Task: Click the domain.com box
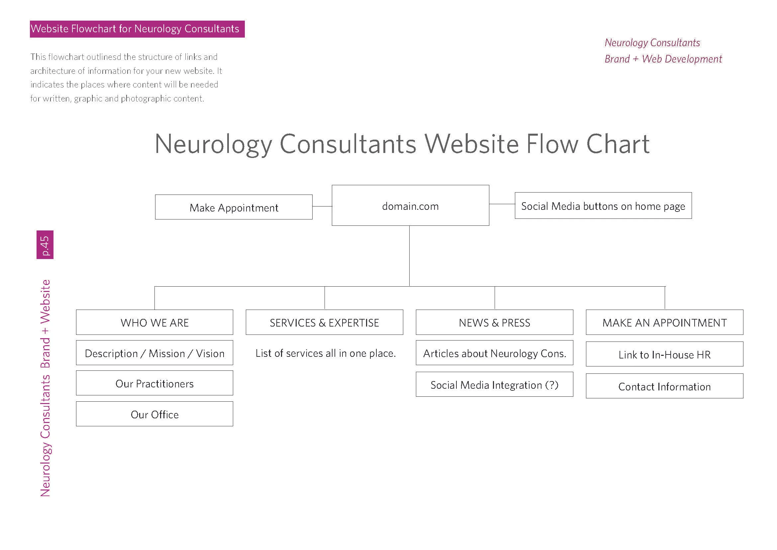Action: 410,205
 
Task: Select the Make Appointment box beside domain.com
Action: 234,207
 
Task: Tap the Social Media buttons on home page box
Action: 603,206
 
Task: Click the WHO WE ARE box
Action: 154,322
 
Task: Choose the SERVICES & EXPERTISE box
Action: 324,322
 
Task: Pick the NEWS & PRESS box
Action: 494,322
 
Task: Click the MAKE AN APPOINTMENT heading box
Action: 664,322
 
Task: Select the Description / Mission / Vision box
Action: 154,352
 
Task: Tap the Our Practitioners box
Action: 154,383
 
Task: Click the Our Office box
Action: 154,414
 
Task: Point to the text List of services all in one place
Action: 325,353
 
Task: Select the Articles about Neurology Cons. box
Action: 494,352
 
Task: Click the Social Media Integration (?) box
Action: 494,384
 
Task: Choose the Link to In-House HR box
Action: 664,354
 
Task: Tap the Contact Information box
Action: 664,386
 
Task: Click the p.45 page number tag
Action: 45,244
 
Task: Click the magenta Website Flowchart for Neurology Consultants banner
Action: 137,29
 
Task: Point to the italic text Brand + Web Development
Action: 663,59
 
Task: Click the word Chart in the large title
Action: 618,144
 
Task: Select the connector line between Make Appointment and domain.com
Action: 322,206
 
